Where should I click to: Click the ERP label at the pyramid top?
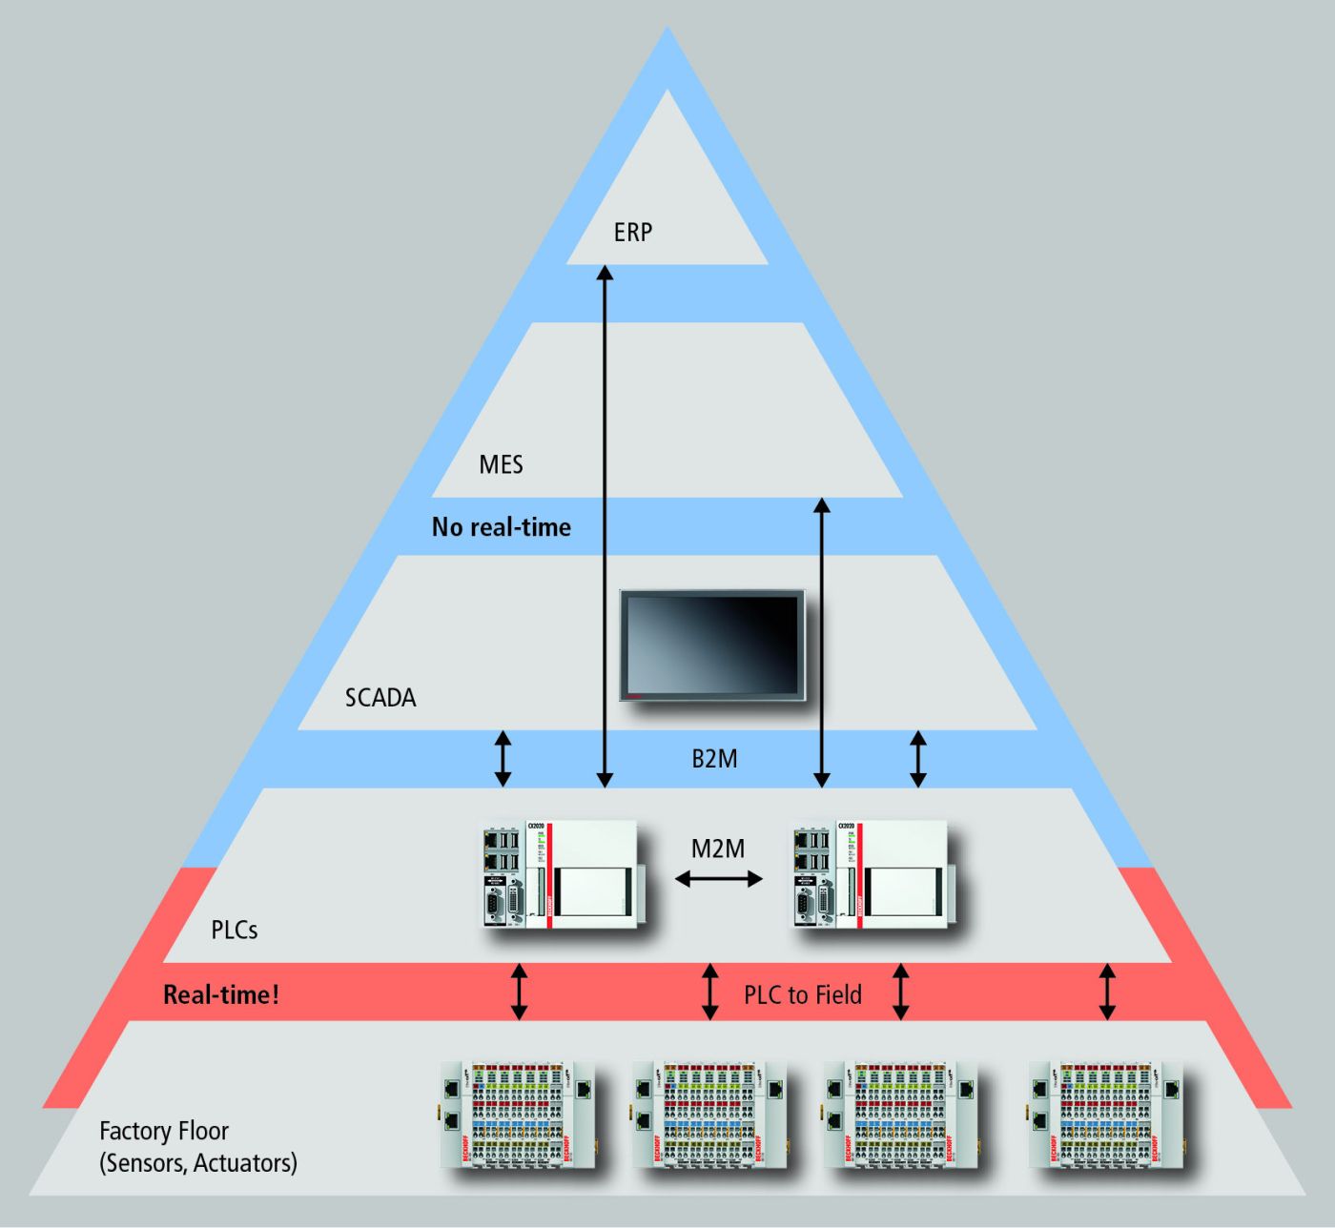pos(633,232)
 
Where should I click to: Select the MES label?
pos(501,464)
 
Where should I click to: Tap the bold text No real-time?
pos(501,526)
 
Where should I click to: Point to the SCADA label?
pos(380,697)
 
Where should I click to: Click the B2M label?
pos(714,759)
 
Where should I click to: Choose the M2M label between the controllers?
pos(718,848)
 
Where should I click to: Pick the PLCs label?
pos(235,930)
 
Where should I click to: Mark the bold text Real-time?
pos(221,994)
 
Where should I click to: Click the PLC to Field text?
pos(802,994)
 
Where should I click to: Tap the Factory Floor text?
pos(164,1131)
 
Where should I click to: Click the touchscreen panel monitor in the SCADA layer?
pos(712,645)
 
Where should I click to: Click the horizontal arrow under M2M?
pos(719,879)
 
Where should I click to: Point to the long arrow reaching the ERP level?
pos(603,524)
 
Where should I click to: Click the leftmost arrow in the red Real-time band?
pos(519,992)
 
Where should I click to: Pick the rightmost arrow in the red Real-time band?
pos(1107,992)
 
